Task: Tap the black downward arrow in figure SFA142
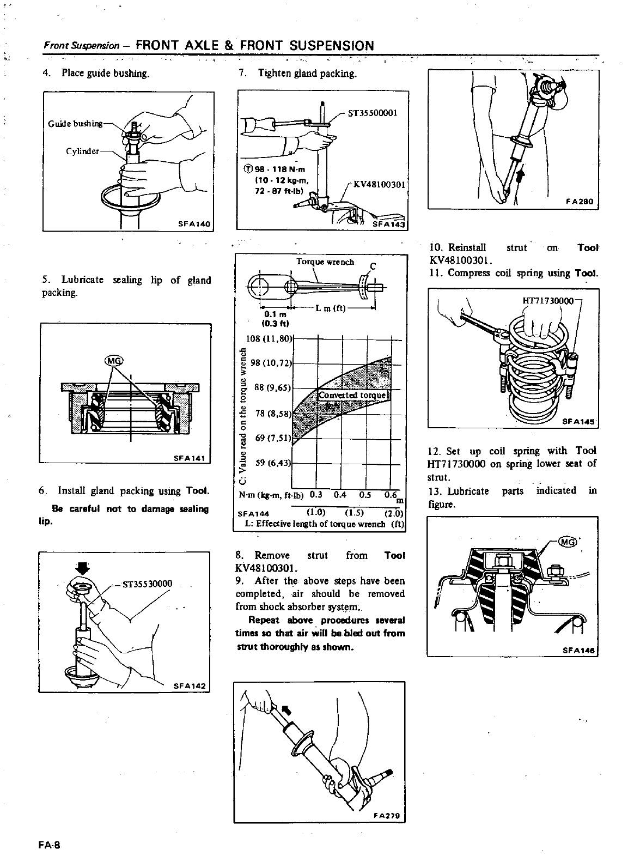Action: [x=82, y=568]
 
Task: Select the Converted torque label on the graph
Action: [x=352, y=395]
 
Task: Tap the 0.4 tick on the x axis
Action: [x=340, y=495]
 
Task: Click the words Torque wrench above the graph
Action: [x=325, y=262]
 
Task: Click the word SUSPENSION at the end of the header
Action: [x=332, y=45]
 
